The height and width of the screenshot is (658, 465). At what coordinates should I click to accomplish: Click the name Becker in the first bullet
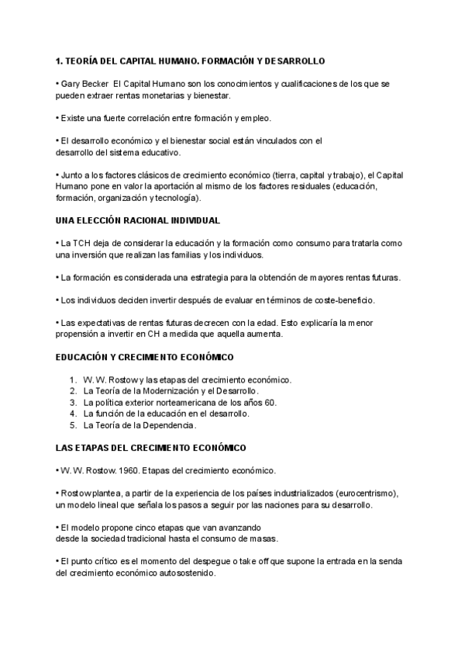point(95,83)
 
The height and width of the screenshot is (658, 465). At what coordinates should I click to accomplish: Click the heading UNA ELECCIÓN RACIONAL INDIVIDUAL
point(138,220)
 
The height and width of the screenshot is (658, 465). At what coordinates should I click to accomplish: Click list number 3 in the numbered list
point(72,403)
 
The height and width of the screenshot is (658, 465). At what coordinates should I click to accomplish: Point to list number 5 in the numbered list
point(72,425)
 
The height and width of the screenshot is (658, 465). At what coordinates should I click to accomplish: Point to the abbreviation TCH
point(81,243)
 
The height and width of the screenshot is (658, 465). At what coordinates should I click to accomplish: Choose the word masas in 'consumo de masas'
point(263,539)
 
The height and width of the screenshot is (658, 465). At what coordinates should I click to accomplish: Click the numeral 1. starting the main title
point(60,61)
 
